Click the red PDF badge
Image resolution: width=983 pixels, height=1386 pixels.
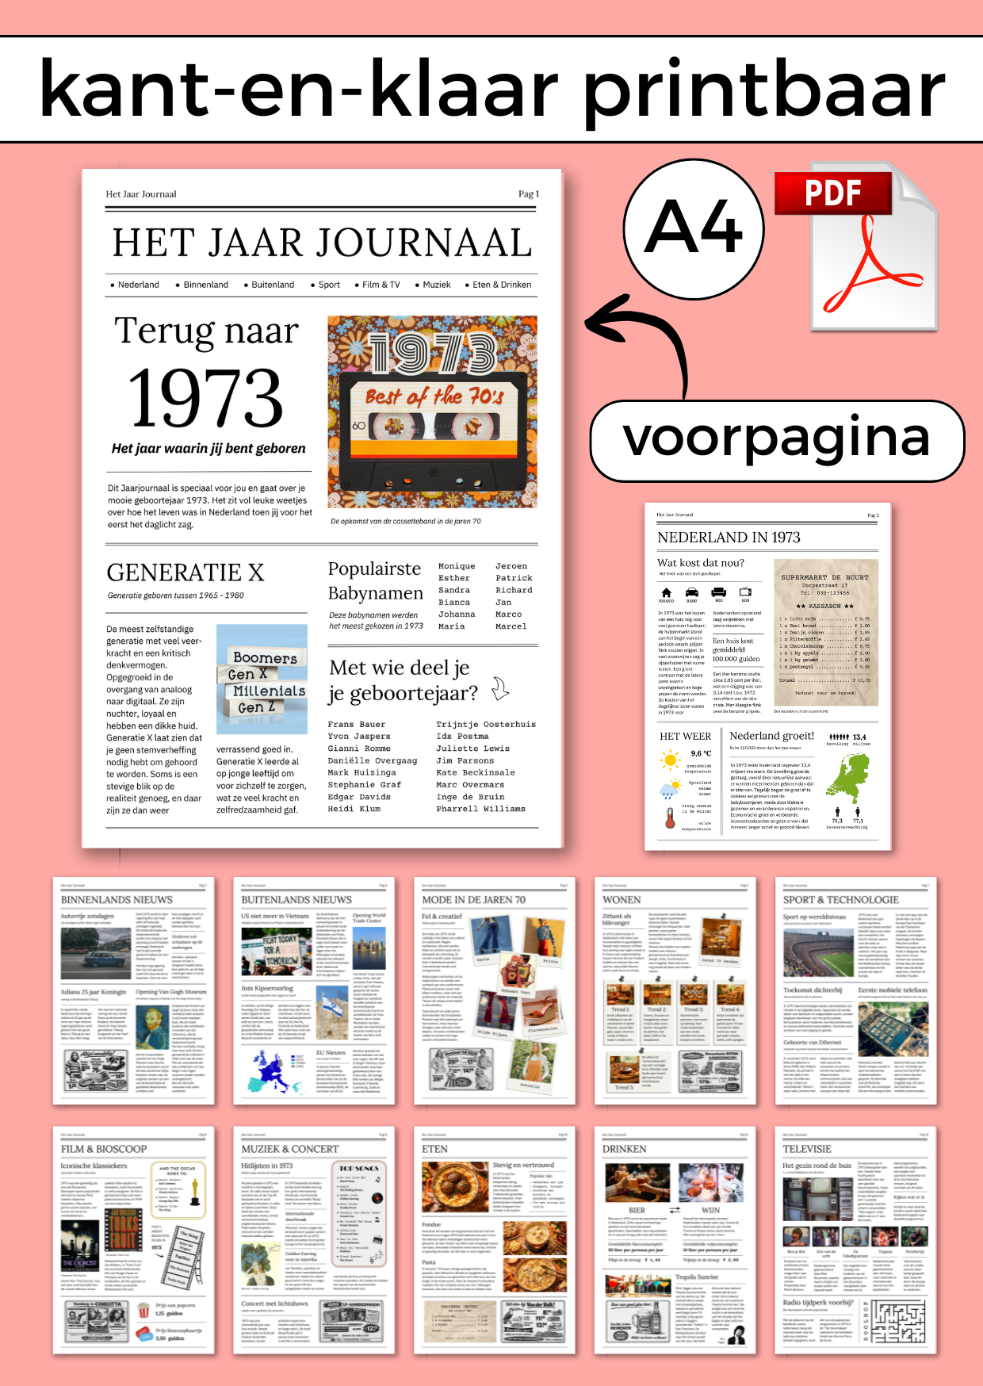(832, 193)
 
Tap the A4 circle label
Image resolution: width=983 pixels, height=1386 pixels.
(694, 228)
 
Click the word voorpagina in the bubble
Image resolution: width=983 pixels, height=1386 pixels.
(777, 438)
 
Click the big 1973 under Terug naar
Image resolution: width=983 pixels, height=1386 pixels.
(205, 398)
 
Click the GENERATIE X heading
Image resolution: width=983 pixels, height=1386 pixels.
(186, 572)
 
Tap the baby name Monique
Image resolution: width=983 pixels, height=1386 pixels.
(457, 566)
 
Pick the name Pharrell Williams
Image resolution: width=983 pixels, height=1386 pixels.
(480, 809)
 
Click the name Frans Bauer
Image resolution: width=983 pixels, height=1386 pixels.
(356, 724)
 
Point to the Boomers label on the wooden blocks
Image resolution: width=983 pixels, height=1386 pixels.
(265, 658)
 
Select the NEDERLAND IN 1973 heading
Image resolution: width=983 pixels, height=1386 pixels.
(729, 538)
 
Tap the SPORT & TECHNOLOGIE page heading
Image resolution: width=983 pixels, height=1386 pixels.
(840, 900)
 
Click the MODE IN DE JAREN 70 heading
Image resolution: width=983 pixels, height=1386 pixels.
(473, 900)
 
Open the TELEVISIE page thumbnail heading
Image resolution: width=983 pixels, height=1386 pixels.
(807, 1149)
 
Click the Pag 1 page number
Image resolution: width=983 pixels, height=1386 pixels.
(528, 194)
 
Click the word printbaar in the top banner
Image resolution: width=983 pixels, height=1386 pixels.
(764, 90)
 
